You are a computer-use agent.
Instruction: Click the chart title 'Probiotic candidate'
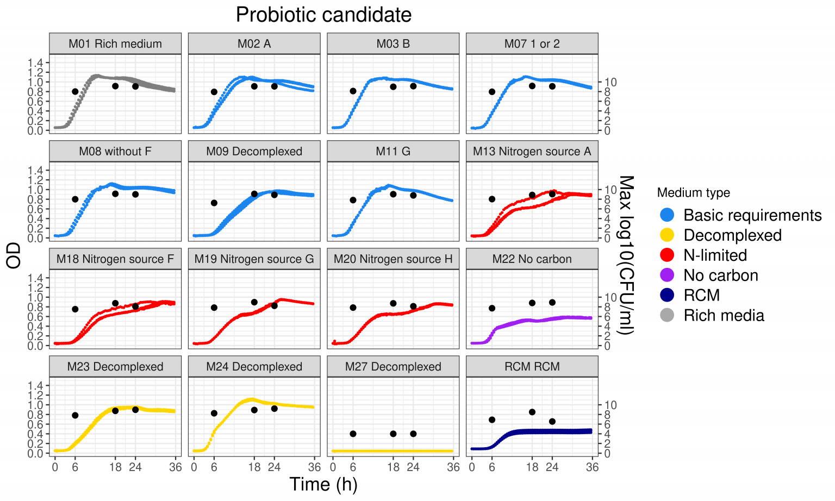point(323,15)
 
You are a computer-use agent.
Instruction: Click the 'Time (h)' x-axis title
point(323,484)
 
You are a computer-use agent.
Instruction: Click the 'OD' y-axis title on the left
point(14,255)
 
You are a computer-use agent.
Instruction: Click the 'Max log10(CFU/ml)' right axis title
point(626,255)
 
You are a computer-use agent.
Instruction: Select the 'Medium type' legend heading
point(693,192)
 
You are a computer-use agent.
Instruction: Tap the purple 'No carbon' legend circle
point(666,275)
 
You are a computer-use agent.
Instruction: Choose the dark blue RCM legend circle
point(666,295)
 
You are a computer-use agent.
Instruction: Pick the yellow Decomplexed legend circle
point(666,235)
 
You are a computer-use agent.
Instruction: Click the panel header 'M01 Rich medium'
point(115,44)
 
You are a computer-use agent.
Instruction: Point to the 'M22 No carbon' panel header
point(532,259)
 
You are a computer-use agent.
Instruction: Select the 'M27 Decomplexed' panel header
point(393,367)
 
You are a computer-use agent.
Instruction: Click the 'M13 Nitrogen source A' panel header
point(532,152)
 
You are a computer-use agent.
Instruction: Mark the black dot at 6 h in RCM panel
point(492,419)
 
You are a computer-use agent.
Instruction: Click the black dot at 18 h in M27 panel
point(393,434)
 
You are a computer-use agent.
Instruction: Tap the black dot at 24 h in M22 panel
point(552,302)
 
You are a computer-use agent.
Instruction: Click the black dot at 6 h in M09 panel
point(214,203)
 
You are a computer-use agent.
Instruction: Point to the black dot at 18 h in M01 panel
point(115,86)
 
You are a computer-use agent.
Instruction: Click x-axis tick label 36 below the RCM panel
point(592,467)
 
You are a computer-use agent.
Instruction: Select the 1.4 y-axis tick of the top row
point(35,62)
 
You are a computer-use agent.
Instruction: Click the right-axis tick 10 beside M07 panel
point(610,82)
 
